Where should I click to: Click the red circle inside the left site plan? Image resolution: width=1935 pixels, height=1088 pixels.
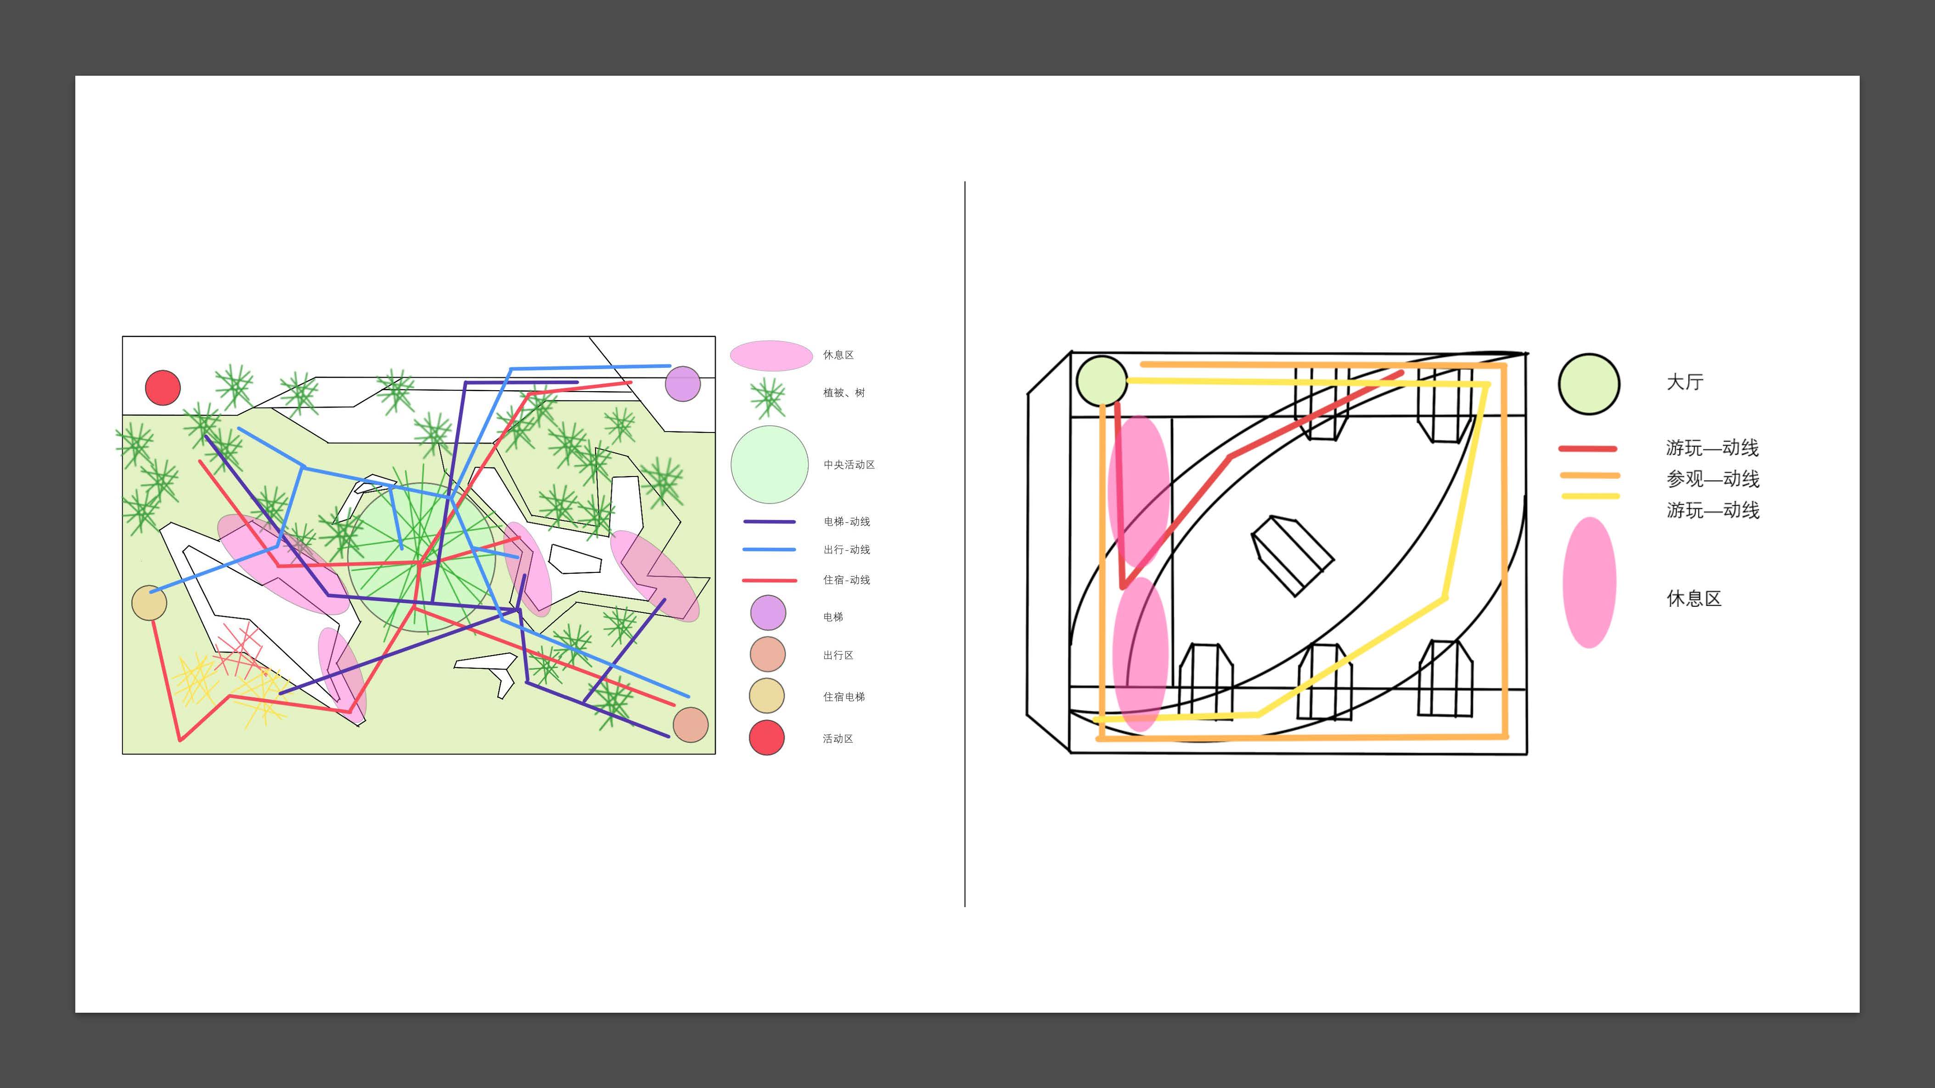(x=162, y=387)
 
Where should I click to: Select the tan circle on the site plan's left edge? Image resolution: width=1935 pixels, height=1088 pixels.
(x=149, y=602)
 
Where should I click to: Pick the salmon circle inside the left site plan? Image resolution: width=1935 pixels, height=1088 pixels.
(x=690, y=724)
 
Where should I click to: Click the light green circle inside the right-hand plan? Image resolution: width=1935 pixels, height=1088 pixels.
(x=1101, y=381)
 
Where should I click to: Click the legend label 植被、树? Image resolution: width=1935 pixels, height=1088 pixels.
(x=844, y=393)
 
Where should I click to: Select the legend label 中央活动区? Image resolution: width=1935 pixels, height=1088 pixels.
(x=849, y=465)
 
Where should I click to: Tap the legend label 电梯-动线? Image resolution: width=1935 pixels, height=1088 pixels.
(x=847, y=521)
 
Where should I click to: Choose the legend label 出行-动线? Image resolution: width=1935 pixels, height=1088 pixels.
(x=847, y=550)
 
